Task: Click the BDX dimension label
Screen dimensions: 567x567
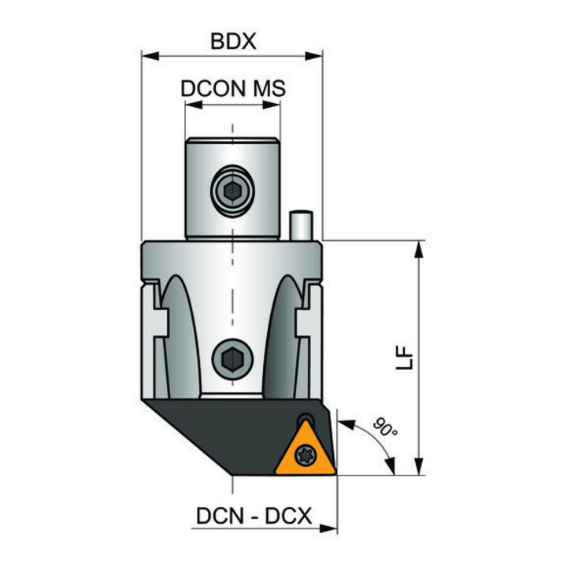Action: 233,41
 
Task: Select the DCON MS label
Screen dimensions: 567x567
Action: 233,88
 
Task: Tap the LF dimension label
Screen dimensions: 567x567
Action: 404,358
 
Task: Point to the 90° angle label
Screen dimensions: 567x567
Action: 385,427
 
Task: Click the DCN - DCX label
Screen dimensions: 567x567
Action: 254,516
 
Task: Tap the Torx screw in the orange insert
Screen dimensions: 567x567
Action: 306,455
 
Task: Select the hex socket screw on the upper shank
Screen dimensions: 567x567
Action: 232,191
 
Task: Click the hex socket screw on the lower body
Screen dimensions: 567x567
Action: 232,359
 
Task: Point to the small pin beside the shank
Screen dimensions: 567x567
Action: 301,225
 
